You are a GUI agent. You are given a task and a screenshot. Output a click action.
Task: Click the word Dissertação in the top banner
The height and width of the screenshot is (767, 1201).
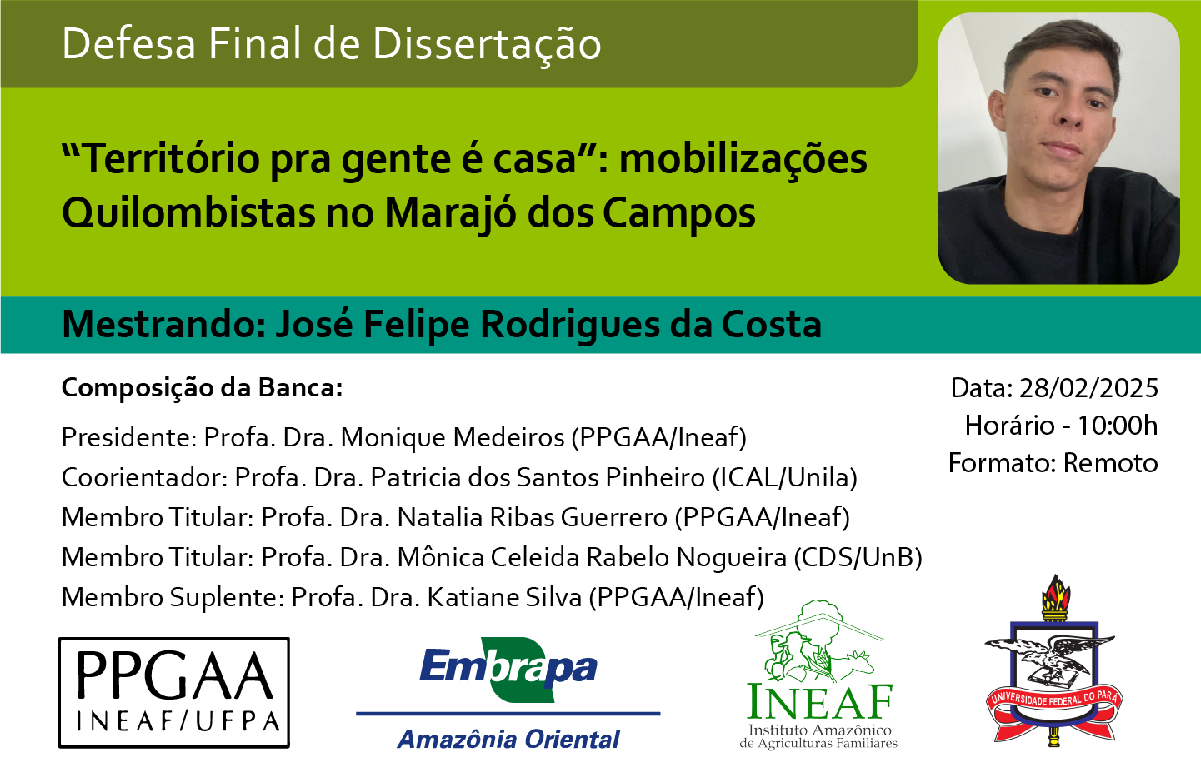coord(486,45)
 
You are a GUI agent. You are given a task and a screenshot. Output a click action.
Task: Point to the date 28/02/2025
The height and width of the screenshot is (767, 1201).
coord(1088,388)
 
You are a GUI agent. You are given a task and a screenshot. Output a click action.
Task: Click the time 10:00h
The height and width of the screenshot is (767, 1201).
coord(1118,426)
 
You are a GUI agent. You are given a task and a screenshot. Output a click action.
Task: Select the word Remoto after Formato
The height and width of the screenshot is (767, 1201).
coord(1110,463)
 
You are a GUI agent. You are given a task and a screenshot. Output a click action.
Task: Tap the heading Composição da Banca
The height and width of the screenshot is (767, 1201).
coord(203,388)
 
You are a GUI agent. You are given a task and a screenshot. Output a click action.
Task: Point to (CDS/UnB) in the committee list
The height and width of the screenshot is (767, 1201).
coord(858,558)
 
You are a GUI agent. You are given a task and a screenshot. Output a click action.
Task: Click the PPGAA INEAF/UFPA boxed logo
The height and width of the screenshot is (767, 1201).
coord(173,693)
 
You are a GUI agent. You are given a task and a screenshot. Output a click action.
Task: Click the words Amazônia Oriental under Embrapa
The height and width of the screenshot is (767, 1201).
coord(508,740)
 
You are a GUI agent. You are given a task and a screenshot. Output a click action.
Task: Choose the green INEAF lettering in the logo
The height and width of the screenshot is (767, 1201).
coord(820,702)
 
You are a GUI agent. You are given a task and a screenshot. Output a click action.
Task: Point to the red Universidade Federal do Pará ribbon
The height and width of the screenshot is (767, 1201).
coord(1054,706)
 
